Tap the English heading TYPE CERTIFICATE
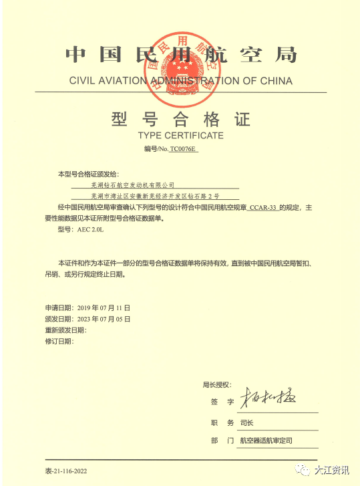click(180, 136)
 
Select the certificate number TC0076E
click(184, 150)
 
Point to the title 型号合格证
click(180, 120)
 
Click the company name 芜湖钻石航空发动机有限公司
click(132, 184)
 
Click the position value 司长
click(246, 423)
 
